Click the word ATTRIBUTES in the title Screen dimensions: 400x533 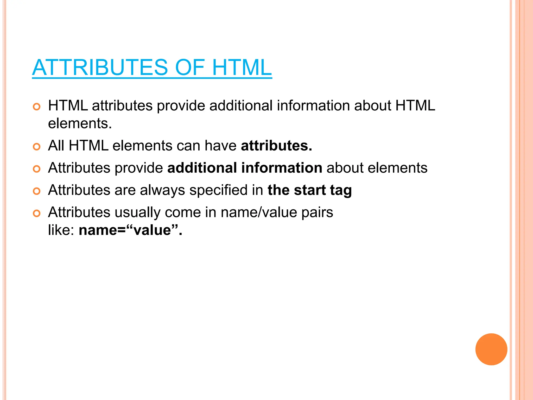[x=100, y=67]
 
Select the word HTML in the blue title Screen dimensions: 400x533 [x=242, y=67]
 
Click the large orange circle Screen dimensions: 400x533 [x=491, y=349]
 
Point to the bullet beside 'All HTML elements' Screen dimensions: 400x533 [x=37, y=147]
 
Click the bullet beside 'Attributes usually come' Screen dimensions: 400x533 [x=37, y=214]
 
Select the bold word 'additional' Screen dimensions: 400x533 [x=202, y=168]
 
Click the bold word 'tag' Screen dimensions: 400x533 [x=341, y=190]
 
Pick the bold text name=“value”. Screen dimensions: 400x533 [x=130, y=230]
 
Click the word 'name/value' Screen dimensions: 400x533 [x=259, y=212]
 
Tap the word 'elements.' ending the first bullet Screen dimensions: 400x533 [x=80, y=123]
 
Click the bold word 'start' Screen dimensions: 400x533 [x=310, y=190]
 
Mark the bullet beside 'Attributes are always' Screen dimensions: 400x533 [x=37, y=191]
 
